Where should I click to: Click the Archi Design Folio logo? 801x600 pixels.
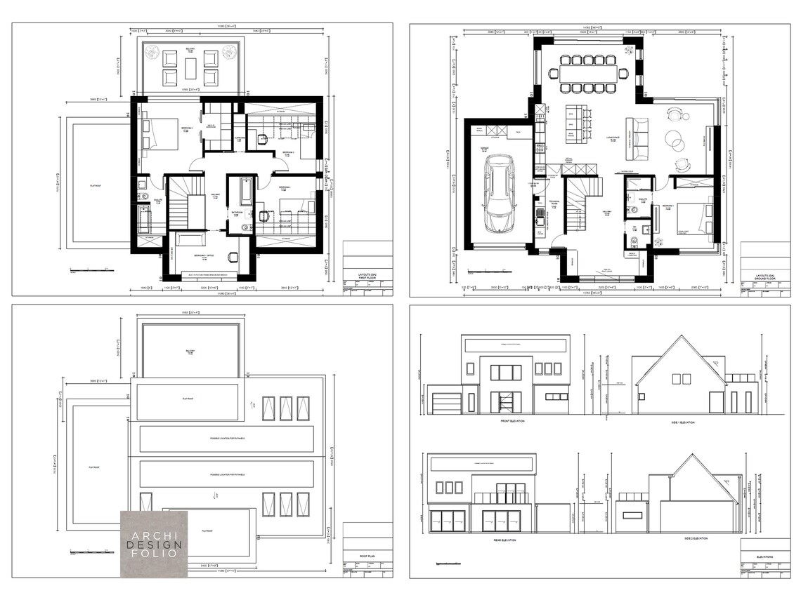[153, 544]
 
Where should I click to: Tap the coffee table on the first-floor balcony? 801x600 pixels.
[190, 68]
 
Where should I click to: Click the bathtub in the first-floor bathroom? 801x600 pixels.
[247, 191]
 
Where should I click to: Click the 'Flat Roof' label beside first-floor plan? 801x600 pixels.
[98, 187]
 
